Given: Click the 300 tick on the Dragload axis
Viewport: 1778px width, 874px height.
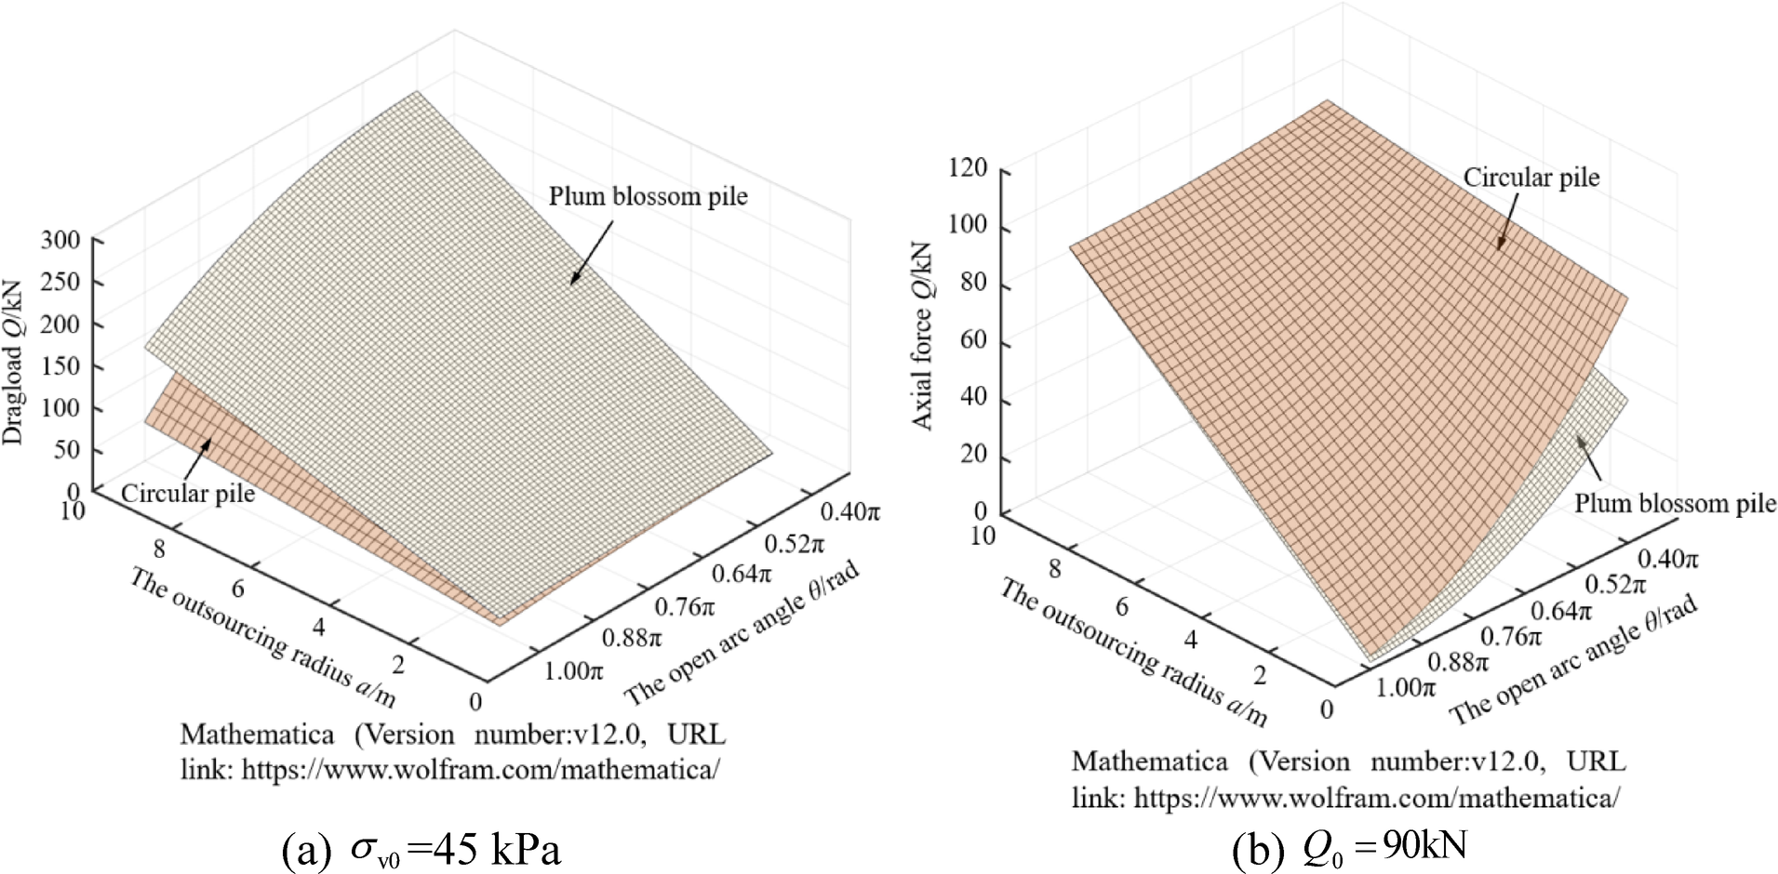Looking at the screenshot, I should pyautogui.click(x=60, y=241).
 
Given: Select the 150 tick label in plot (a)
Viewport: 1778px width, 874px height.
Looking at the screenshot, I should pyautogui.click(x=60, y=366).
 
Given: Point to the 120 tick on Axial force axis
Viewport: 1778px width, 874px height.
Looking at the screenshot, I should pyautogui.click(x=968, y=168).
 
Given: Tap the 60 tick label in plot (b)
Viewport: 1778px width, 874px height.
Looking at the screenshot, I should pyautogui.click(x=973, y=340).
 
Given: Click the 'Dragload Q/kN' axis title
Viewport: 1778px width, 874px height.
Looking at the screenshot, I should pyautogui.click(x=13, y=363).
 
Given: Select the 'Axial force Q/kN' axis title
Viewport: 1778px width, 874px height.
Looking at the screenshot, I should pyautogui.click(x=921, y=336).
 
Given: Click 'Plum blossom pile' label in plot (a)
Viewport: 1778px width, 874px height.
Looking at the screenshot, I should pyautogui.click(x=648, y=197).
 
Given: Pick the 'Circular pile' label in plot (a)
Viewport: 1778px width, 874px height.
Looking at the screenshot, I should pyautogui.click(x=187, y=494).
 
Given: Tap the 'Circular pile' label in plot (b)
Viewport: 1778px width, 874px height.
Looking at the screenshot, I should pyautogui.click(x=1531, y=178).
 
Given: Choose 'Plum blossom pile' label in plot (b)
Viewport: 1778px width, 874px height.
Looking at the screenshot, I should pyautogui.click(x=1674, y=504).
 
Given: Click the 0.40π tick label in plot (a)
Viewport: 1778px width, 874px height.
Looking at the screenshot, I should pyautogui.click(x=849, y=512).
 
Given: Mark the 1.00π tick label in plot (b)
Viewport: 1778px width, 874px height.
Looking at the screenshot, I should pyautogui.click(x=1405, y=688).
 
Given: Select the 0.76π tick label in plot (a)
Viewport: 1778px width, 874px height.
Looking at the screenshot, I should pyautogui.click(x=685, y=608).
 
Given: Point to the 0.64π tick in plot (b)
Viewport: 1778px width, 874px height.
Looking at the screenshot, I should pyautogui.click(x=1560, y=612).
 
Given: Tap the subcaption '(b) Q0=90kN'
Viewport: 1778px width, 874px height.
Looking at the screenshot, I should pyautogui.click(x=1349, y=847).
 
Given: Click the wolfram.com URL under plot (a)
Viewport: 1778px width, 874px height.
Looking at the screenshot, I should pyautogui.click(x=480, y=771).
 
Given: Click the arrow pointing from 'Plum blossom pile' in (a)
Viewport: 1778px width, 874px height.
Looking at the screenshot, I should pyautogui.click(x=592, y=252).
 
